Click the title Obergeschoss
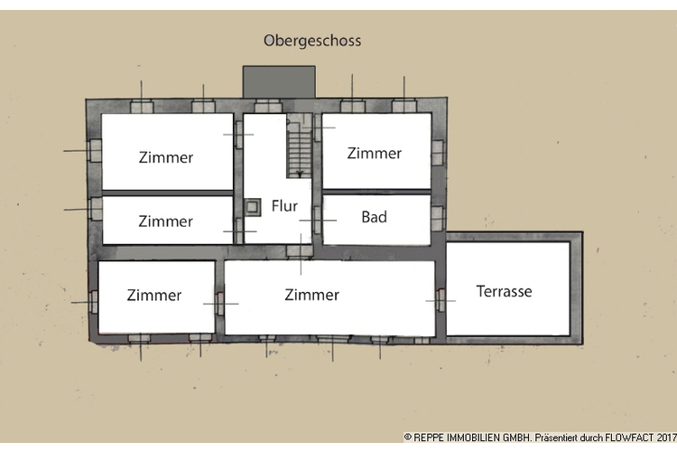[x=312, y=41]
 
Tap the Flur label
[x=284, y=206]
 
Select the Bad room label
[x=374, y=217]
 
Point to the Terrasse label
[x=504, y=291]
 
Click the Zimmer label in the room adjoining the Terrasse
[x=311, y=295]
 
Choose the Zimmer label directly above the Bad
[x=374, y=153]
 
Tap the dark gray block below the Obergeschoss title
[x=279, y=81]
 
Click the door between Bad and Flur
[x=317, y=220]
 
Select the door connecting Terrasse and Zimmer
[x=441, y=298]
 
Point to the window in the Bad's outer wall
[x=438, y=218]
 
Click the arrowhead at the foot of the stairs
[x=300, y=172]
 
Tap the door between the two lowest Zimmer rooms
[x=219, y=303]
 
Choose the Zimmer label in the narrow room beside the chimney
[x=165, y=221]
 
